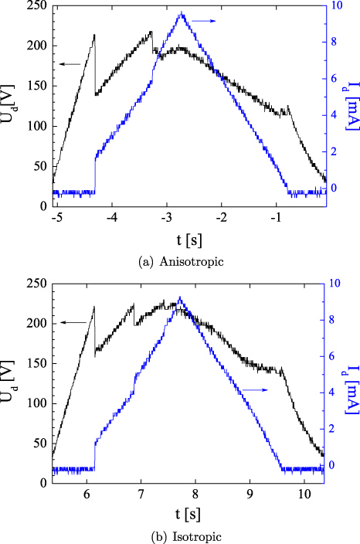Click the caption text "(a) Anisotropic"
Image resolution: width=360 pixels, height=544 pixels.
pos(181,262)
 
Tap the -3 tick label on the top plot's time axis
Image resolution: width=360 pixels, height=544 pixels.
pos(167,218)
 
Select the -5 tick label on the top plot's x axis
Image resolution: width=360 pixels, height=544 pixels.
pos(56,218)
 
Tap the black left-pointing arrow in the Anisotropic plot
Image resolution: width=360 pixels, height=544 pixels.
pos(70,65)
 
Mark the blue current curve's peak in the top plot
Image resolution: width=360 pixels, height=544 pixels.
pos(182,12)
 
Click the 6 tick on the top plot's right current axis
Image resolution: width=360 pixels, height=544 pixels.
pos(333,79)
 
